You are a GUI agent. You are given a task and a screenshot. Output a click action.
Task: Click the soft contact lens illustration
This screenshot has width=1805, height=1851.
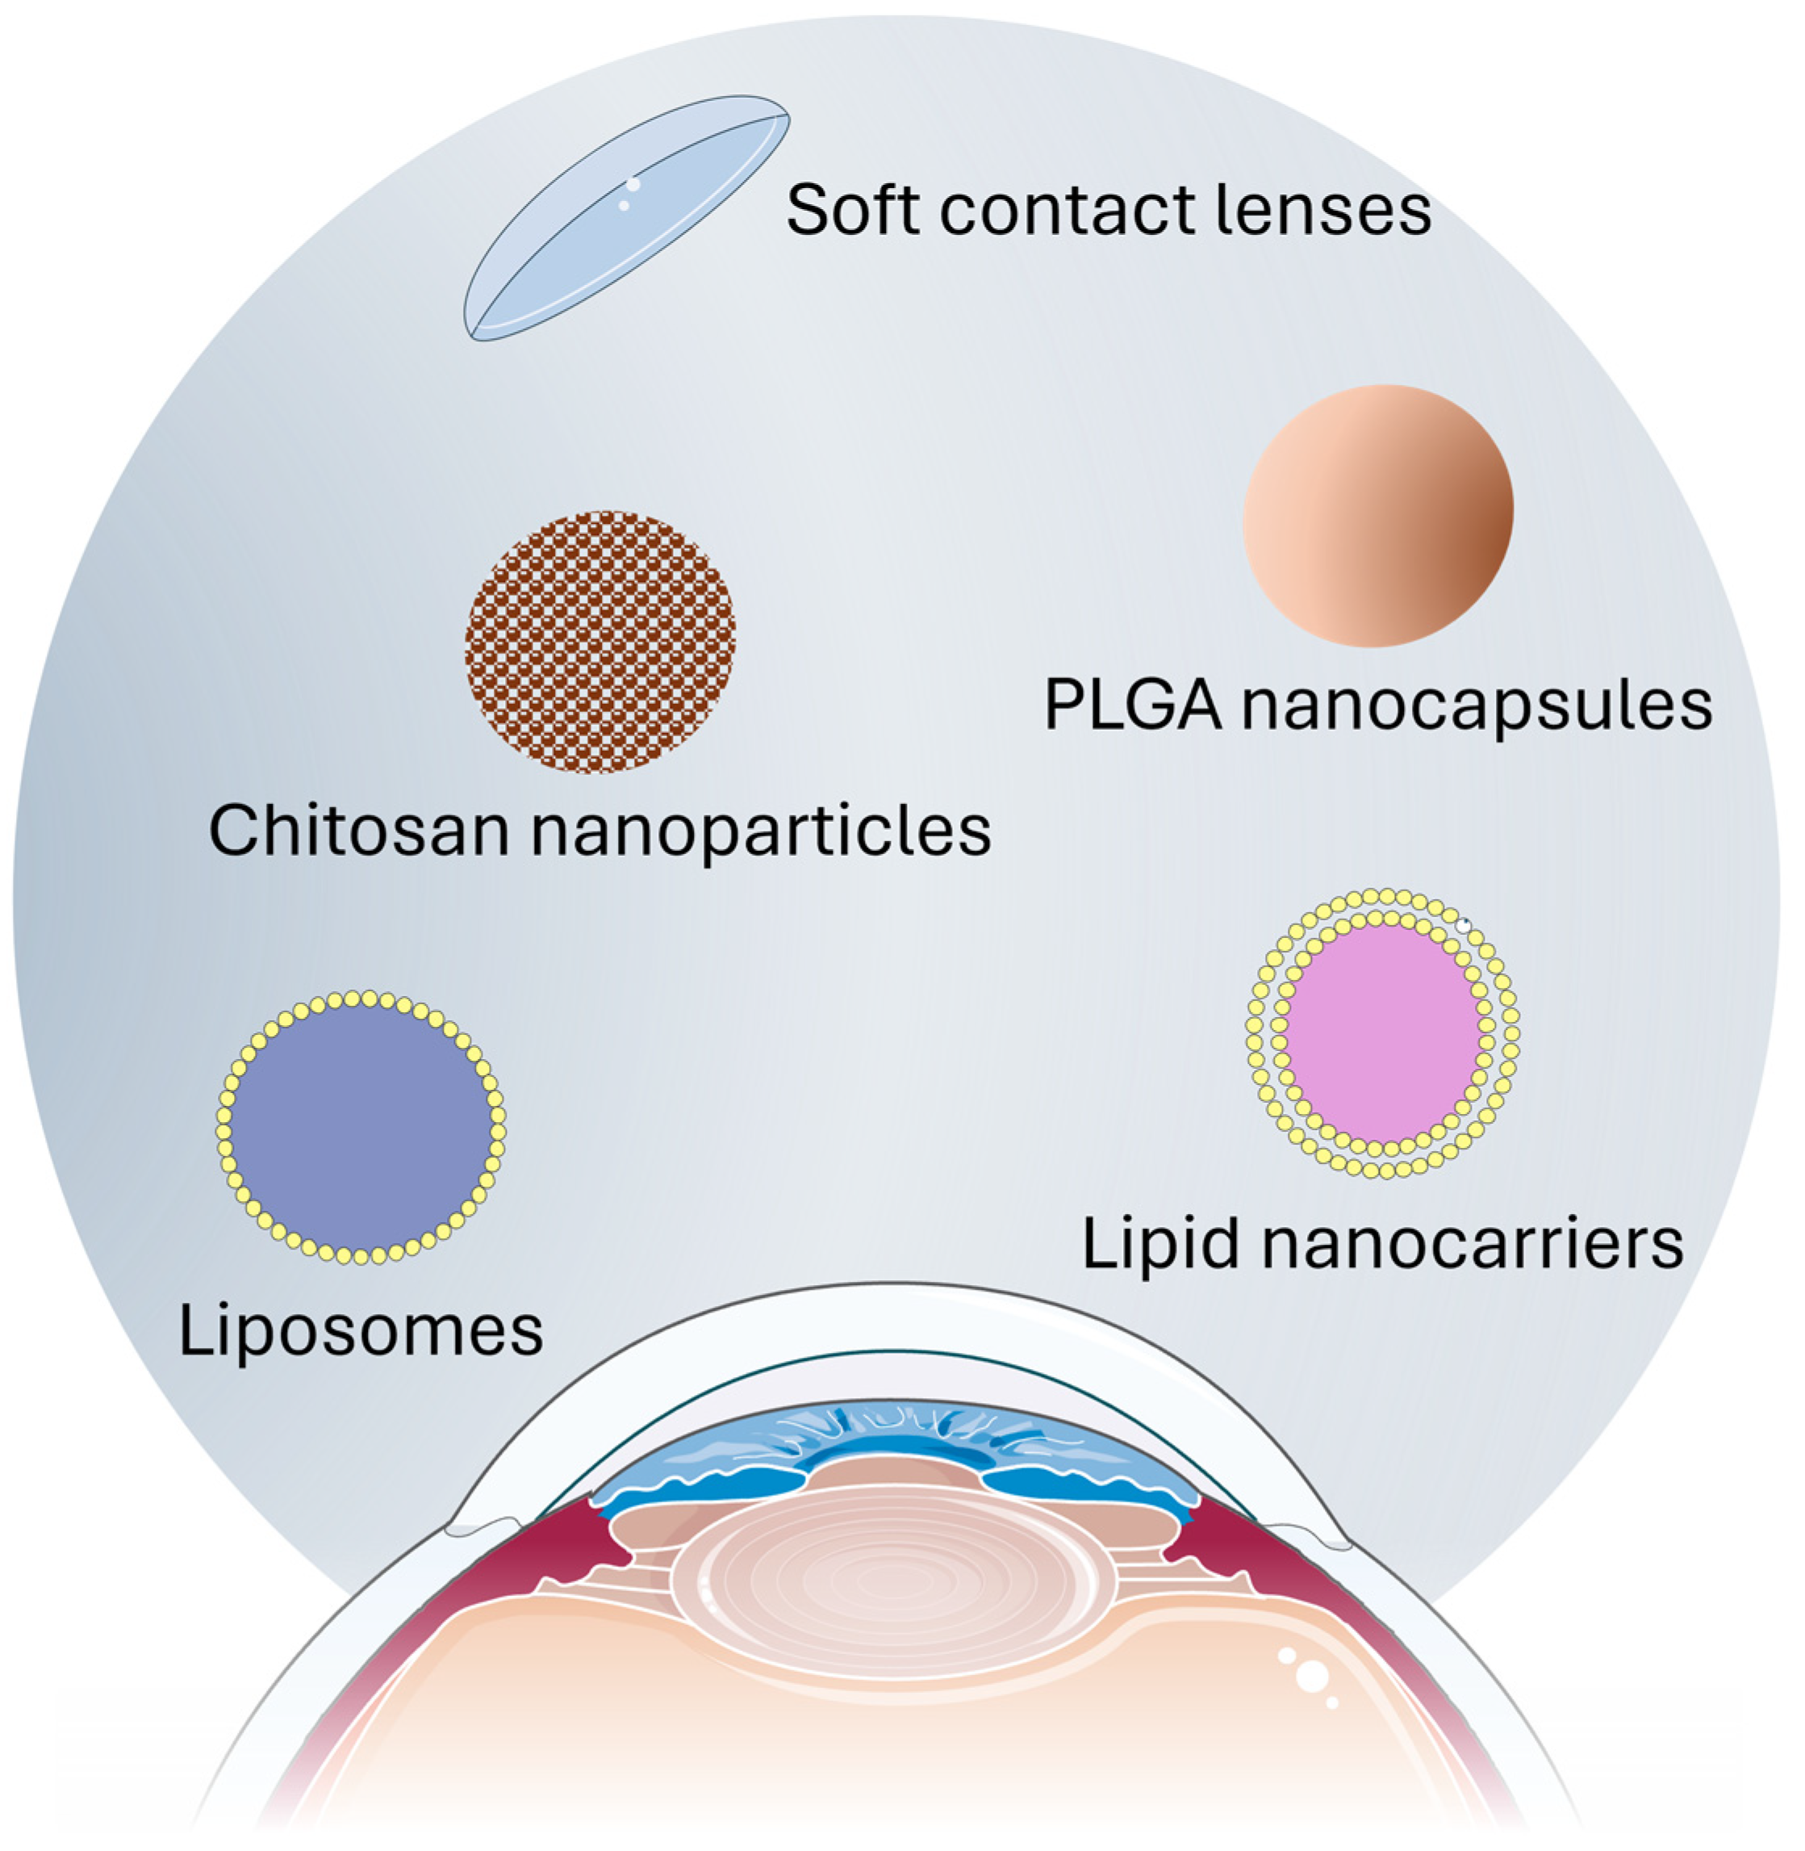(625, 218)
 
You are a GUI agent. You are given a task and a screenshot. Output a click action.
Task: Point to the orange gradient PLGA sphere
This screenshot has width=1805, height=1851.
(1377, 516)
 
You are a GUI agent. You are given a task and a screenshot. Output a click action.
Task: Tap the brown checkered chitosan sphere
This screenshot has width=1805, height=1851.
(600, 642)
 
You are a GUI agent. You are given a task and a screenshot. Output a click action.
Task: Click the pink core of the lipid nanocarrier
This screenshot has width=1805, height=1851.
(1384, 1033)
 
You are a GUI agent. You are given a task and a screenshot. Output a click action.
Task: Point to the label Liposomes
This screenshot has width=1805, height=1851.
(360, 1332)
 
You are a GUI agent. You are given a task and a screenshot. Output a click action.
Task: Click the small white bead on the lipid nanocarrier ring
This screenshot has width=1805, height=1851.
(1464, 923)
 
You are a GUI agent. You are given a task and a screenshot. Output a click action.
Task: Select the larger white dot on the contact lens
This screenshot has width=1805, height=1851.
(633, 184)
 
